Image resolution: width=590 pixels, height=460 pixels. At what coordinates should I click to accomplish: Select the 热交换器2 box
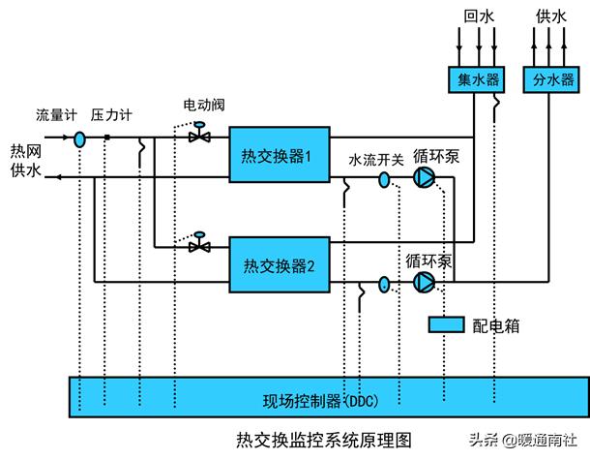(276, 264)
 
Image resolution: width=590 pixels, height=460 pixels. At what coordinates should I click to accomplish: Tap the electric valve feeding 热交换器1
(200, 136)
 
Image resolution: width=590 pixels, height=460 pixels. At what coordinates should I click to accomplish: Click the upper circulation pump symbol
(424, 177)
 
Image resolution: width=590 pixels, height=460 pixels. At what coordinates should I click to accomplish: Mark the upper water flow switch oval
(384, 178)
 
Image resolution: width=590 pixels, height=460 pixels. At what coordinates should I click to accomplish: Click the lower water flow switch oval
(384, 283)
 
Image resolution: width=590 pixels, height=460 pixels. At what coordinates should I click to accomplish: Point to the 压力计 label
(111, 114)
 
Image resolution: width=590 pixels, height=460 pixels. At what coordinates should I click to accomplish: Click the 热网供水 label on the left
(26, 160)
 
